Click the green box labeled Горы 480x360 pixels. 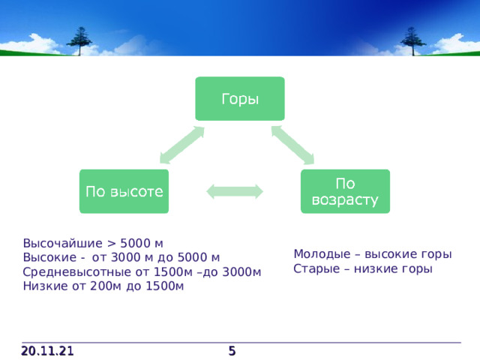240,98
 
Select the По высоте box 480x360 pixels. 124,191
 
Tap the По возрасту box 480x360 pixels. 345,191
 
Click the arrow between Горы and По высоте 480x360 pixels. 182,145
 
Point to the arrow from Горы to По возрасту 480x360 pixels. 293,145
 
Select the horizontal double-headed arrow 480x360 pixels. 235,192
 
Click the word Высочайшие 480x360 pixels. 63,243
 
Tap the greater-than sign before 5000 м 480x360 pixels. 112,244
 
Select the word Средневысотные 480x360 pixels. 77,271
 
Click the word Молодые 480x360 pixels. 322,254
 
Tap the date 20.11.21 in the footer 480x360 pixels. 47,351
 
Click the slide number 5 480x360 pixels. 232,351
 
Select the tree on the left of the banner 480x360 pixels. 79,41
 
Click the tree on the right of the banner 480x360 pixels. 413,41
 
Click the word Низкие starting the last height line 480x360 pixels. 46,286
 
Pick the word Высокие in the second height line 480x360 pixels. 49,257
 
